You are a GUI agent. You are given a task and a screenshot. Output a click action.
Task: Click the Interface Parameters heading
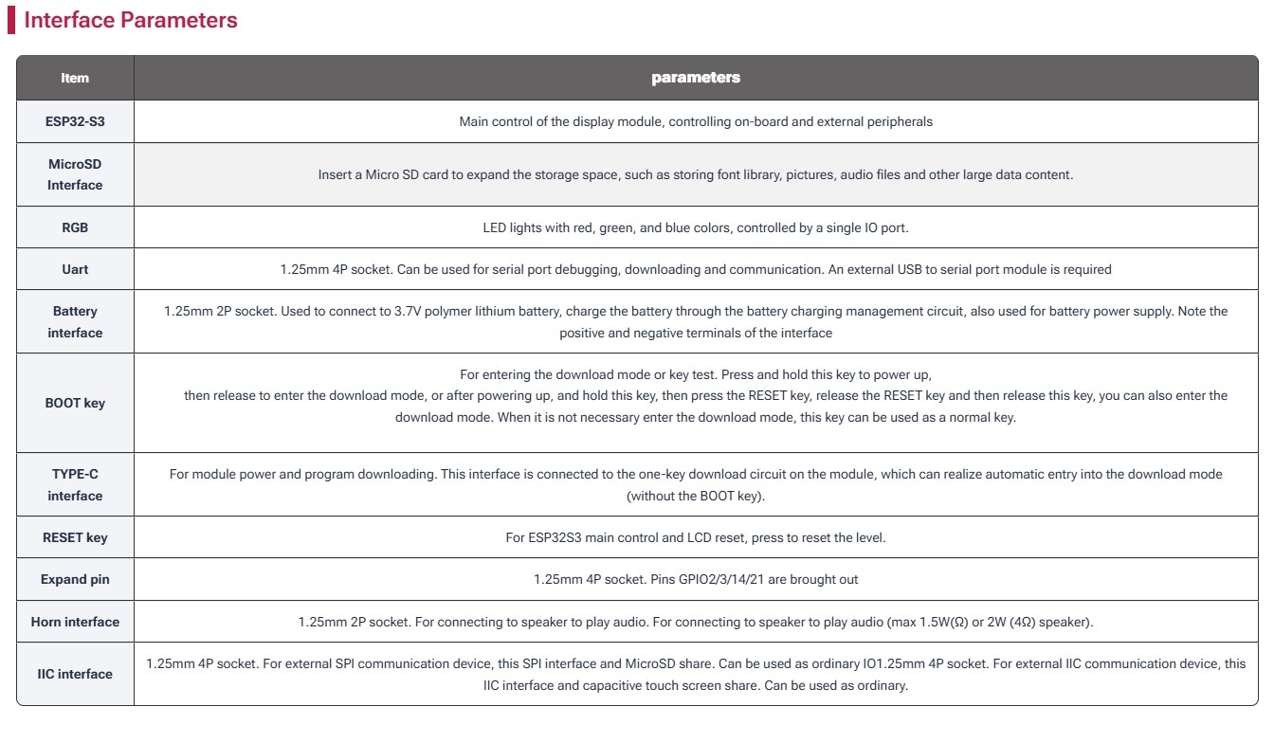point(131,20)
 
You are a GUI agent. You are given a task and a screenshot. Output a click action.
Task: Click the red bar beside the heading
point(11,20)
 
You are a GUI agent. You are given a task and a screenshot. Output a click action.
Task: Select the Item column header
point(75,78)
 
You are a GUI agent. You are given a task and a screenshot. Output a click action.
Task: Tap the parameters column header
point(696,78)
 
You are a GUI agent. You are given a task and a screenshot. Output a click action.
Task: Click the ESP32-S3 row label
point(75,121)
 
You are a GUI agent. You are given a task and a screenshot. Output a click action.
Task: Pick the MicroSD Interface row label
point(75,174)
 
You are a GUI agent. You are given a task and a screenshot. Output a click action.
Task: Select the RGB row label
point(75,227)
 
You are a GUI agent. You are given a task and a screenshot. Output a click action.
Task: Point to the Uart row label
point(75,269)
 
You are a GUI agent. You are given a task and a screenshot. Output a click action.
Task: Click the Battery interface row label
point(75,321)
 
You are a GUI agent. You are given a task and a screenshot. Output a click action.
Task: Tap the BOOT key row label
point(75,403)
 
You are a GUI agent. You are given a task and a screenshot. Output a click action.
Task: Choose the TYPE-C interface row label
point(75,484)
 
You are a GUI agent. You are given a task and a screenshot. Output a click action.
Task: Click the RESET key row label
point(75,537)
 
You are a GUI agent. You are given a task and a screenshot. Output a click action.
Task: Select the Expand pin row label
point(75,579)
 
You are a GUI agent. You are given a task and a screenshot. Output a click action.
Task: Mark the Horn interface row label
point(75,622)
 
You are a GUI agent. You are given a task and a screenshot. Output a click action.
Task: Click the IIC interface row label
point(75,674)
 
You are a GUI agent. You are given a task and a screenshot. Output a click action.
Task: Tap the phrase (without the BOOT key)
point(696,496)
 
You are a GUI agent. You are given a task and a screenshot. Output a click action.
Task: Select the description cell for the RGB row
point(696,227)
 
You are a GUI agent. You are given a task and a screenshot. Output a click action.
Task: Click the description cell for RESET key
point(696,537)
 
